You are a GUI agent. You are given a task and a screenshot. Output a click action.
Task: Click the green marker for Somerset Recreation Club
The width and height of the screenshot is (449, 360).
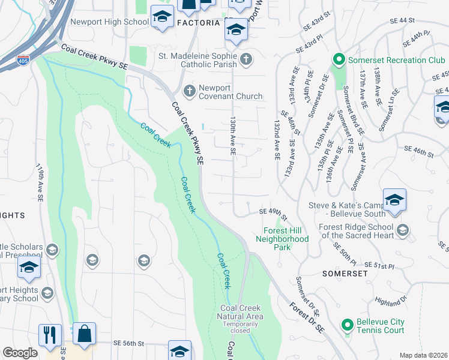338,60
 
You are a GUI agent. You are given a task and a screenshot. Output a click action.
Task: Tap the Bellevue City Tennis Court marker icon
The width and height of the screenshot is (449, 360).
346,326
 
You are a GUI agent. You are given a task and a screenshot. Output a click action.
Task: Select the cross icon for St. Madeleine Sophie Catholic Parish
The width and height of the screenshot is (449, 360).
246,59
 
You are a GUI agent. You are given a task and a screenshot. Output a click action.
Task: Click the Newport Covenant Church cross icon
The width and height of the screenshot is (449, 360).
189,91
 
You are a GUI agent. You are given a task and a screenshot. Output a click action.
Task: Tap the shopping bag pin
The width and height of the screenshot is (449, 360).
84,334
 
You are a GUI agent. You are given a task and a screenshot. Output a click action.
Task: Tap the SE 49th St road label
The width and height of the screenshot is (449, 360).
273,211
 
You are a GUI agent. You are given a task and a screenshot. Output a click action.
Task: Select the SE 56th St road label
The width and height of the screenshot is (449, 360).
129,343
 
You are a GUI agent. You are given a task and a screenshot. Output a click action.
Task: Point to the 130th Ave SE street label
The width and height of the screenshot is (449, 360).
233,136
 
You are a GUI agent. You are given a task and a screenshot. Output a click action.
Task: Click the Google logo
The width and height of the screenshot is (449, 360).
20,353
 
